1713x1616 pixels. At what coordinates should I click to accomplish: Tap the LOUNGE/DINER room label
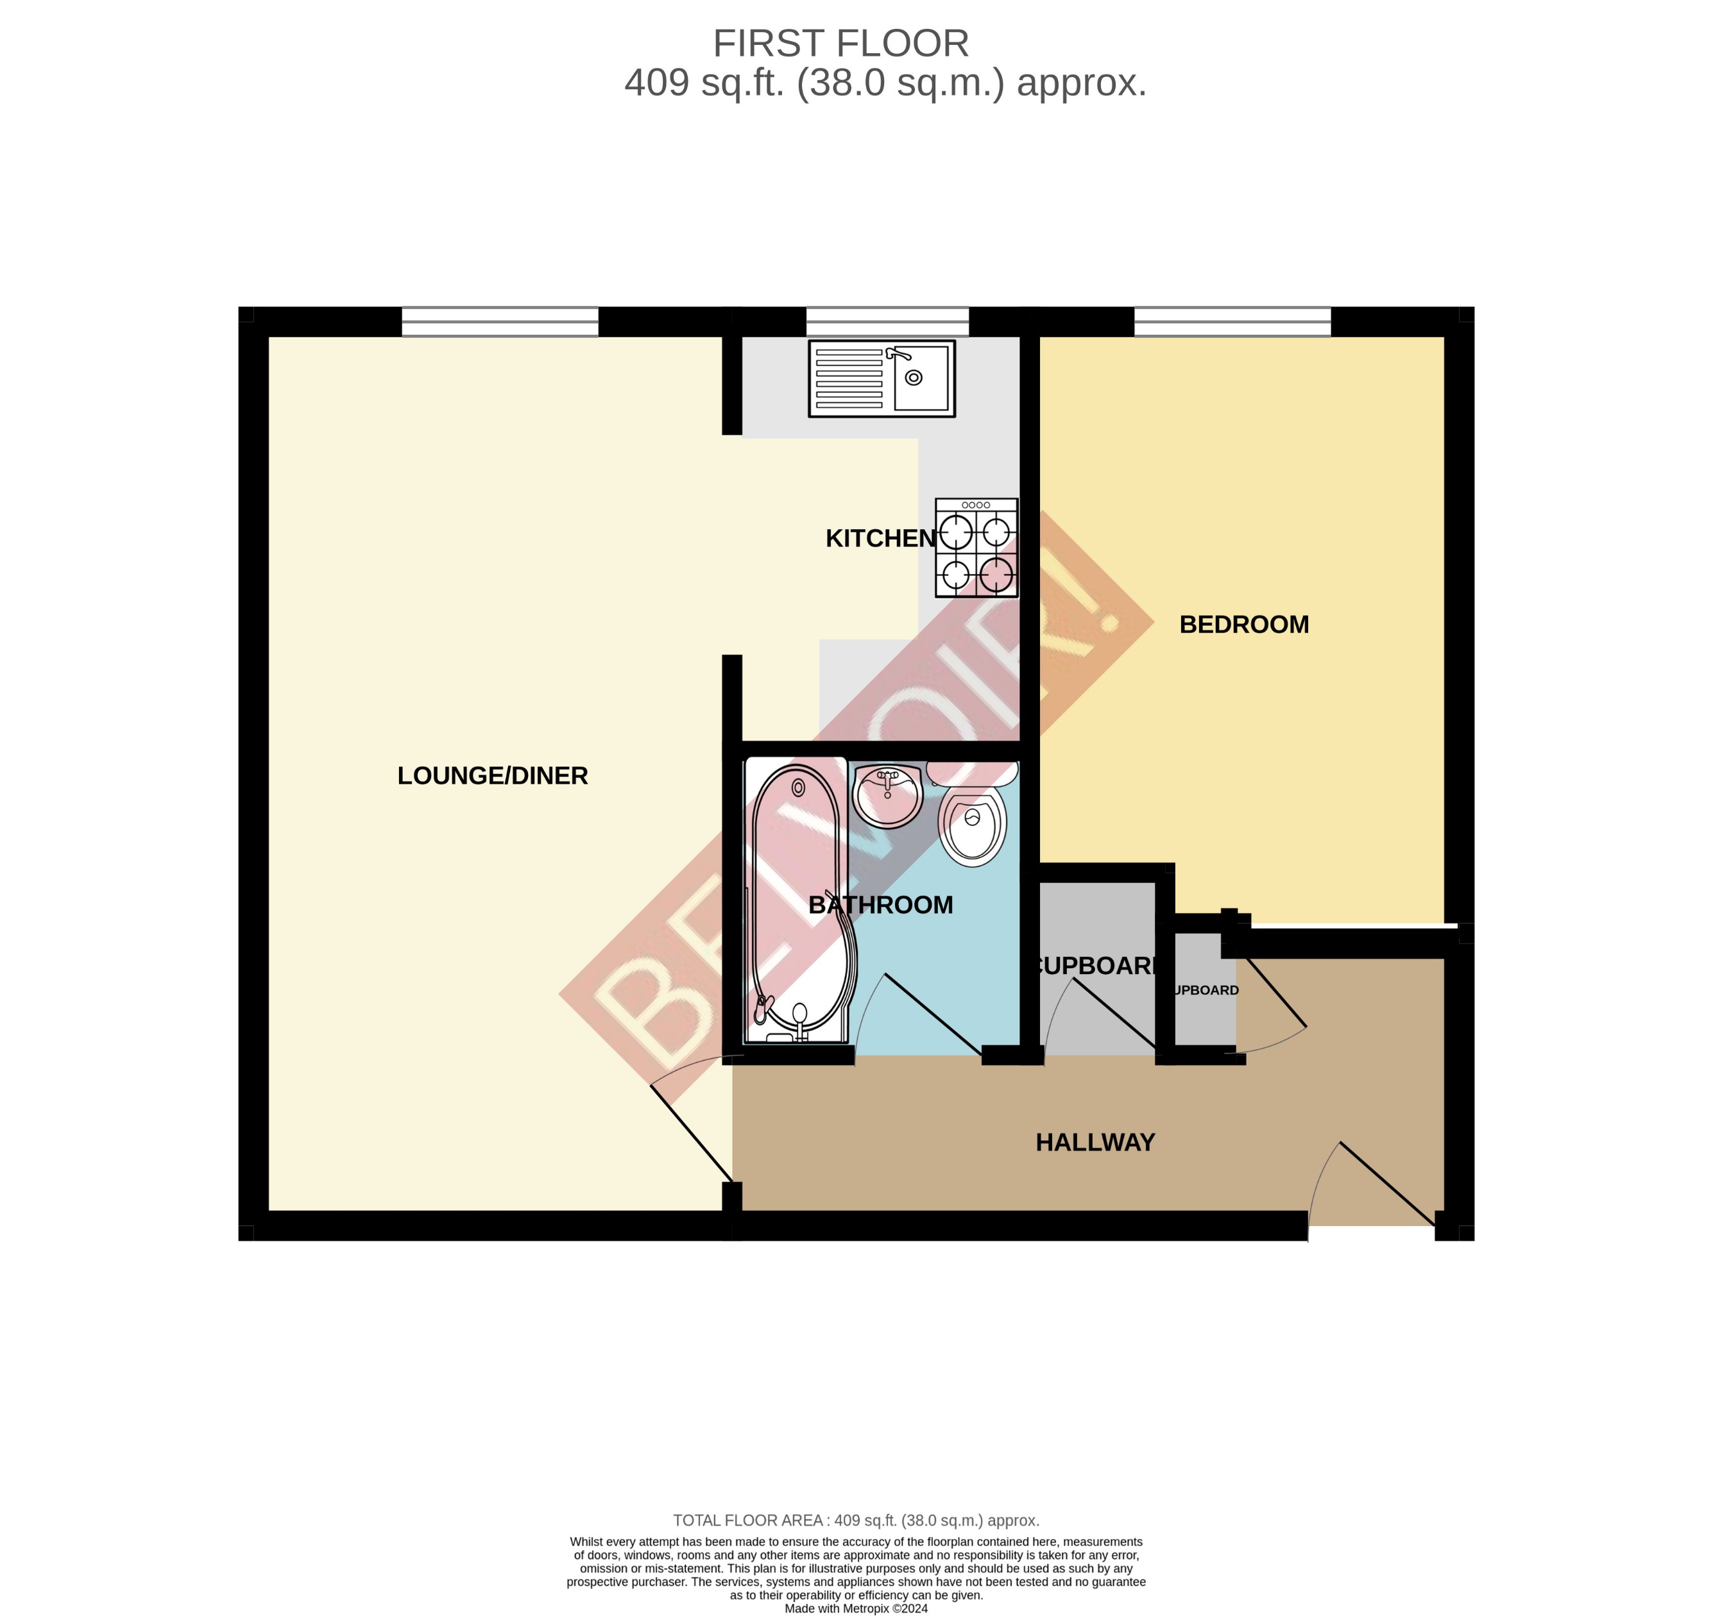(x=492, y=775)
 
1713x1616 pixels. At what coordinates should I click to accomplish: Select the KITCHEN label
(x=880, y=539)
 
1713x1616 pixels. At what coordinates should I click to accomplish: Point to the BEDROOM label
(x=1243, y=625)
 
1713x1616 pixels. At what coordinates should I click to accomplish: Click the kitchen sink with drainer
(x=881, y=379)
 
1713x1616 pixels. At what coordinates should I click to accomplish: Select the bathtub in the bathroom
(x=797, y=900)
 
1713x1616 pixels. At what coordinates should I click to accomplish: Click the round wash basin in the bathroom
(x=887, y=795)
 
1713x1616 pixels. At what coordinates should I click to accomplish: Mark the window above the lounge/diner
(x=500, y=321)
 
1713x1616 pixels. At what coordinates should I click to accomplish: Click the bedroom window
(x=1232, y=321)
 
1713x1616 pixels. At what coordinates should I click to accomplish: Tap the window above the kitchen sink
(x=887, y=321)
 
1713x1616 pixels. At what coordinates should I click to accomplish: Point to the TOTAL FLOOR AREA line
(x=856, y=1520)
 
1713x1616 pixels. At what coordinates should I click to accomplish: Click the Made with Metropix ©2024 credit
(x=856, y=1608)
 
